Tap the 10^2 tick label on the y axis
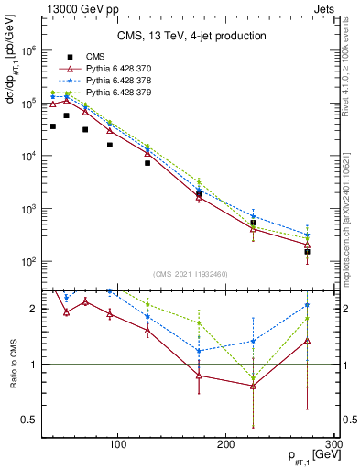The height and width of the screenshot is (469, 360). [29, 262]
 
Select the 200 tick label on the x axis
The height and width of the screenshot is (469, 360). [226, 444]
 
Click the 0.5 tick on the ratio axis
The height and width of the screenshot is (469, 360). [29, 420]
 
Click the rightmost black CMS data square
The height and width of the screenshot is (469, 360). [307, 251]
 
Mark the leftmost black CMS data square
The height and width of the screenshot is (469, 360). [53, 126]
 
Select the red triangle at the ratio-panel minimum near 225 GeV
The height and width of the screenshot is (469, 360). [253, 386]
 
